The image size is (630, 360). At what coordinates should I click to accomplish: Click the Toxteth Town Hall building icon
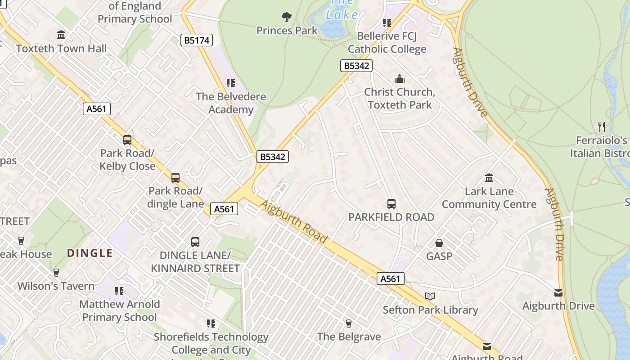point(61,35)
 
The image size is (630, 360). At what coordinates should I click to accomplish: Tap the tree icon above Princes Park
point(286,18)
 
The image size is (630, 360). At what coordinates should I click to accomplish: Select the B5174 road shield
point(197,40)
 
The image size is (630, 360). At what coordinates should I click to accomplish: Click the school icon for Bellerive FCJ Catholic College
point(387,22)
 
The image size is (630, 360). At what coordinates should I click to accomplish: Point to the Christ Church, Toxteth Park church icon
point(399,79)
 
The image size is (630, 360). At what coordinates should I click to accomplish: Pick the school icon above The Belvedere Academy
point(231,83)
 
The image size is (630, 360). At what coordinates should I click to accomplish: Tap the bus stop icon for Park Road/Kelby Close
point(127,140)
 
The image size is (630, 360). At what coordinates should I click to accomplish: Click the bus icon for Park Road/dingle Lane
point(175,178)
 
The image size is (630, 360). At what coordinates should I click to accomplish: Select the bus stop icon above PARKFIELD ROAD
point(391,204)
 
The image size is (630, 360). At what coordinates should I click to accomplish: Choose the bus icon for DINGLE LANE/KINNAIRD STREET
point(195,242)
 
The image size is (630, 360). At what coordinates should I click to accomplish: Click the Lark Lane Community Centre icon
point(489,178)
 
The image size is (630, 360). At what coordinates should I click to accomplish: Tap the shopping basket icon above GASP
point(439,243)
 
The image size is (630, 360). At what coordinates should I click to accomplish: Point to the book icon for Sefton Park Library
point(430,297)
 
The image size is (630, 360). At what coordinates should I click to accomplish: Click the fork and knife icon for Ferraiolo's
point(602,126)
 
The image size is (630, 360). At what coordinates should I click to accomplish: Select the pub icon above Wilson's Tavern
point(56,273)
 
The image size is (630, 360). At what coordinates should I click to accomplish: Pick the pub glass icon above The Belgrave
point(348,323)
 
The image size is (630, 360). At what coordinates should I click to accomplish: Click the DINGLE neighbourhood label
point(90,253)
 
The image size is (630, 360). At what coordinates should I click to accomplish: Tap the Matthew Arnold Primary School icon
point(119,291)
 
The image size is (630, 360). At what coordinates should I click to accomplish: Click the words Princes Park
point(287,31)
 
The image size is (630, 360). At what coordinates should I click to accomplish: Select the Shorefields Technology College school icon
point(211,324)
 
